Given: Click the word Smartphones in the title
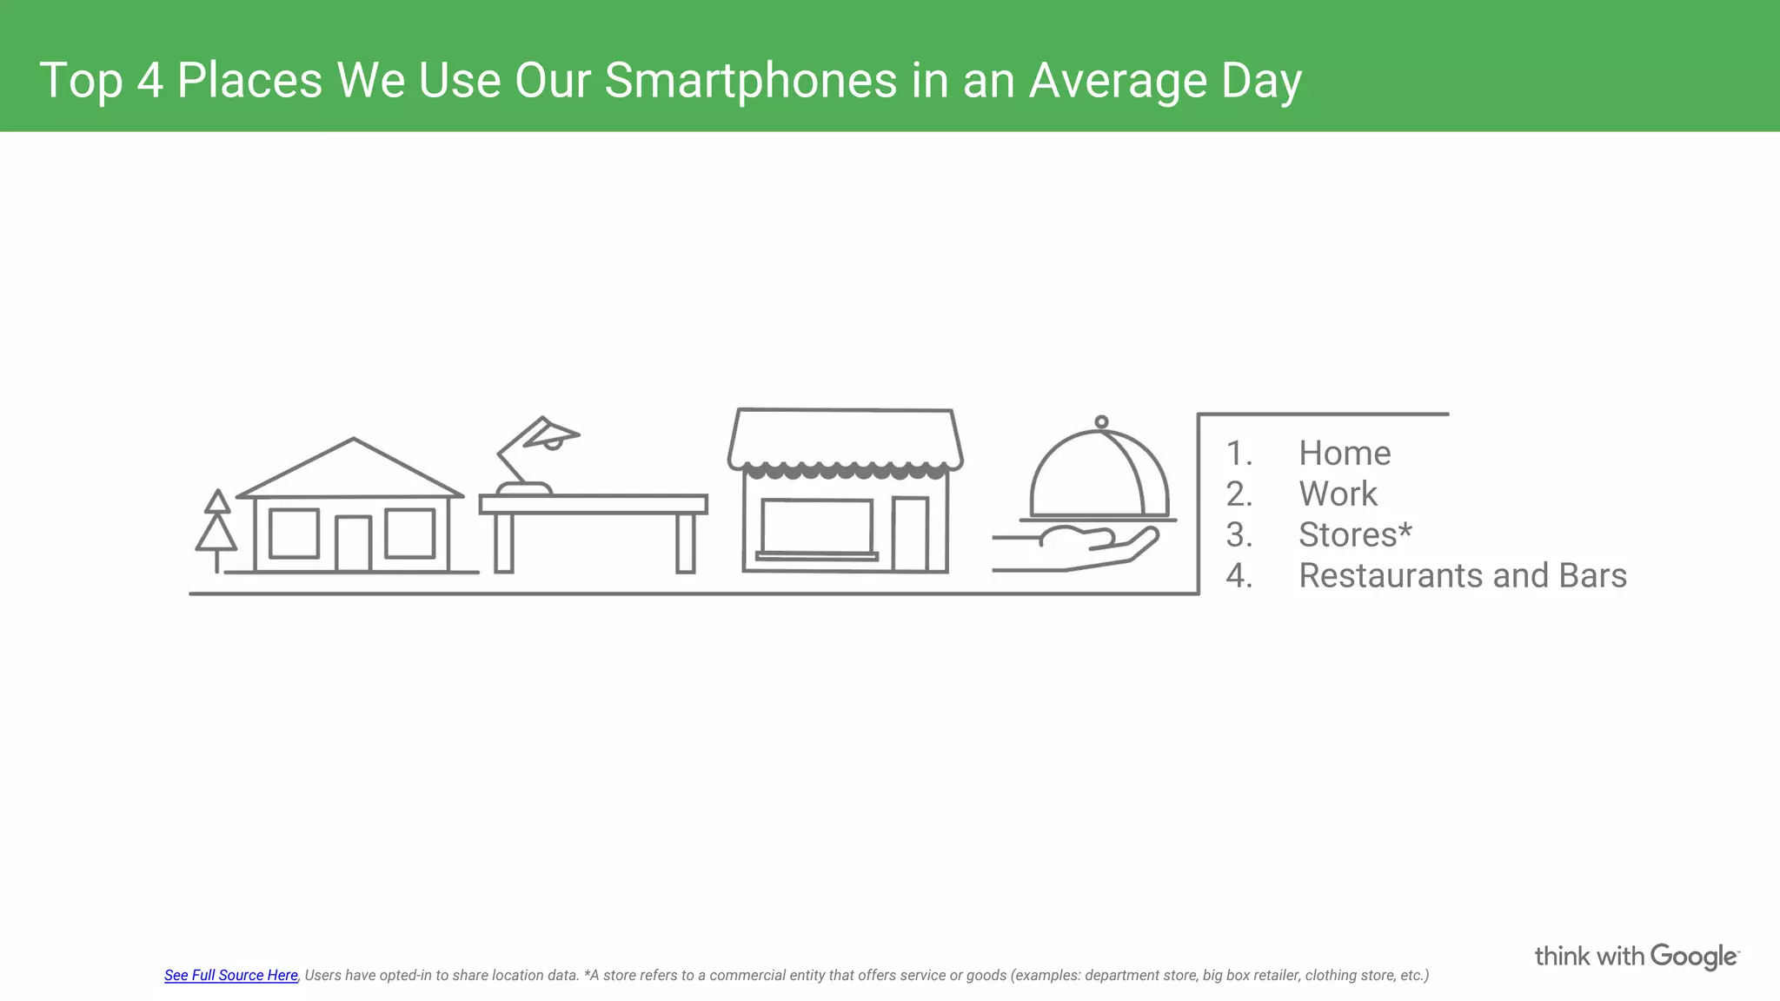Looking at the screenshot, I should (x=751, y=80).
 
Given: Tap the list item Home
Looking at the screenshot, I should (x=1344, y=453).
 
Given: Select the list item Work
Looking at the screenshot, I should (x=1337, y=494).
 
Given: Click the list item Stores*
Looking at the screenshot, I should (x=1354, y=534).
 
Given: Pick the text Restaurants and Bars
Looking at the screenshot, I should (x=1462, y=575).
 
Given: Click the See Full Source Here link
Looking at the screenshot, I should (x=231, y=975).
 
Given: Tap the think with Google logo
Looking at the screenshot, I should (x=1636, y=956).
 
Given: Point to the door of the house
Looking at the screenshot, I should (x=353, y=544).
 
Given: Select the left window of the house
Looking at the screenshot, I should (x=294, y=534).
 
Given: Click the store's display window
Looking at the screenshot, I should (x=816, y=527).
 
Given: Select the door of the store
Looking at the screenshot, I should (x=910, y=534).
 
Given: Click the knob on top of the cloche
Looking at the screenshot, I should (x=1101, y=422).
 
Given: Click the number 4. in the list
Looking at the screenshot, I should (x=1239, y=575).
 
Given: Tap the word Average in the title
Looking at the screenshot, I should (x=1118, y=80).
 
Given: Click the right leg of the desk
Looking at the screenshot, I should (x=685, y=542).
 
